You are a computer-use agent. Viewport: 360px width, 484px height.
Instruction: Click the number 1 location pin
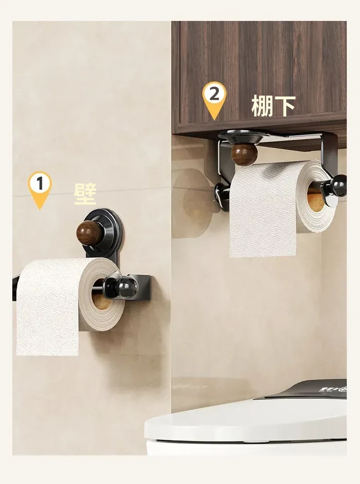pos(40,189)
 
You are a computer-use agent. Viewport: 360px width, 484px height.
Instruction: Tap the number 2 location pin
pos(214,99)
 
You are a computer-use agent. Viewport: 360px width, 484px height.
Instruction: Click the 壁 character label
pos(85,194)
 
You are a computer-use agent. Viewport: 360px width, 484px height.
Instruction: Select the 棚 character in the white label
pos(262,106)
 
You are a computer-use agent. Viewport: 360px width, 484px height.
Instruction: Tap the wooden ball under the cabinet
pos(244,154)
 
